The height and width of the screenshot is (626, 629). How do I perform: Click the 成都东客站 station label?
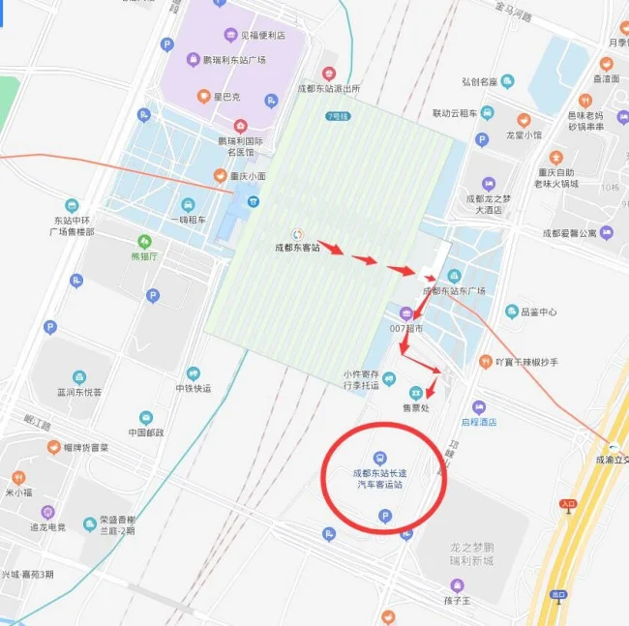[x=296, y=249]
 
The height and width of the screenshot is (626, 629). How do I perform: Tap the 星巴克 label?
[x=225, y=97]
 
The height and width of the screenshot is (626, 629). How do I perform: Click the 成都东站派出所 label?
[x=329, y=88]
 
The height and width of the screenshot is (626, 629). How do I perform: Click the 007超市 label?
[x=406, y=329]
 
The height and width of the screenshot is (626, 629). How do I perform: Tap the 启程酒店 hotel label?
[x=478, y=422]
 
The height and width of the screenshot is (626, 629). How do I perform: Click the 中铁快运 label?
[x=194, y=389]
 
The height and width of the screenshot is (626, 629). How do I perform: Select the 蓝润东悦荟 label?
[x=79, y=392]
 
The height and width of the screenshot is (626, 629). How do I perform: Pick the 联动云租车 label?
[x=455, y=113]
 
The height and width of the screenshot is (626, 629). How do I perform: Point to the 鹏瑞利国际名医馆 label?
[x=240, y=146]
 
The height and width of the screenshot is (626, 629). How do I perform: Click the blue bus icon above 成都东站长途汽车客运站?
[x=378, y=458]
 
